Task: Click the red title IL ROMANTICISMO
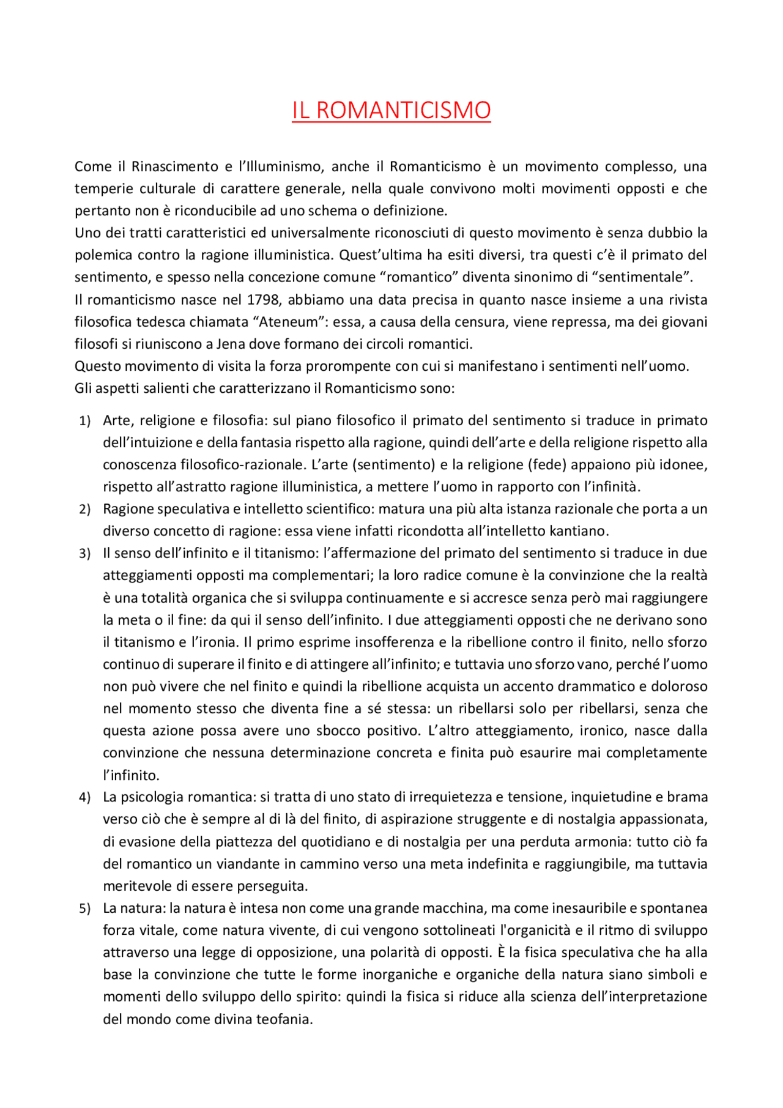pos(391,111)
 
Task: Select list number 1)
pos(85,421)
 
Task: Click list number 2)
pos(85,509)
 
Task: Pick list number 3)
pos(85,554)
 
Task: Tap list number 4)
pos(85,798)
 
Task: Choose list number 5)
pos(85,909)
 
